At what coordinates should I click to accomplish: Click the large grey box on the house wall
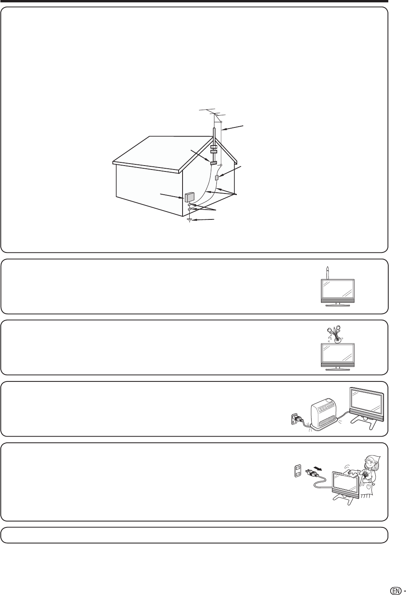[189, 197]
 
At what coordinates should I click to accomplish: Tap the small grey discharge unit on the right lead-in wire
[216, 178]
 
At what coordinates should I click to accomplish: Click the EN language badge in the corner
[395, 580]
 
